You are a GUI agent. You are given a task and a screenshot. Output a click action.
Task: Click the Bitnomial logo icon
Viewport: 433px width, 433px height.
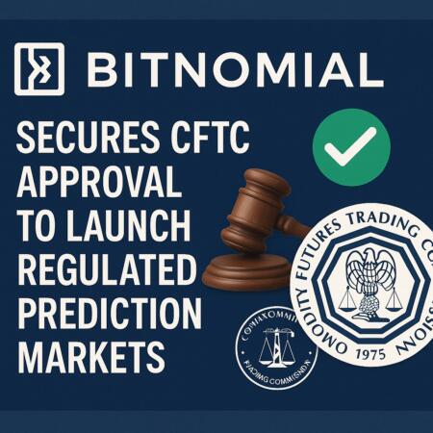click(39, 70)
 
